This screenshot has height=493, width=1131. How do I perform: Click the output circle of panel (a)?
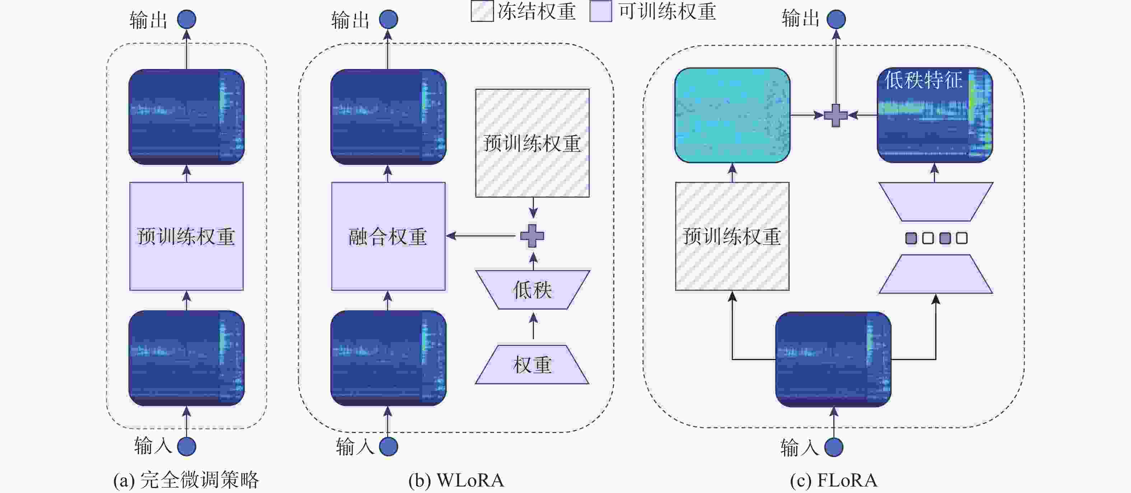187,19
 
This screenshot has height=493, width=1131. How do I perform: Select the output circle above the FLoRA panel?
836,19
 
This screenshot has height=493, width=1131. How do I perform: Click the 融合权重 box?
388,236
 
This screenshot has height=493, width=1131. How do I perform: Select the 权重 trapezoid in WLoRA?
532,365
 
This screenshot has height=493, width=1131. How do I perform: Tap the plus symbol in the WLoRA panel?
532,236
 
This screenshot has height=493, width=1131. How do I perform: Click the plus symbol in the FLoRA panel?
836,116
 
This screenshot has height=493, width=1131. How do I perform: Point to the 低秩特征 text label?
923,80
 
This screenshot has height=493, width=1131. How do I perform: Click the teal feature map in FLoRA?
732,115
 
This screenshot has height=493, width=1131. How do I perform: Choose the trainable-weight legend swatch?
601,11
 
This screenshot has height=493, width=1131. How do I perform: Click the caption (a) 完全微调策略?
187,480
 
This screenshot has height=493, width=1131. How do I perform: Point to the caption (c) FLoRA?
833,480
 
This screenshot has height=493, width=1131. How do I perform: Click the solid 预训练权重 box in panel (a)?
187,236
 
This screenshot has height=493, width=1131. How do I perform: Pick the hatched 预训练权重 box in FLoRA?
732,236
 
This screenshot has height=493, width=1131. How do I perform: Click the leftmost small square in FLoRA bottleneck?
911,238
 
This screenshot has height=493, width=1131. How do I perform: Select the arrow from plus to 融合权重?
481,236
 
